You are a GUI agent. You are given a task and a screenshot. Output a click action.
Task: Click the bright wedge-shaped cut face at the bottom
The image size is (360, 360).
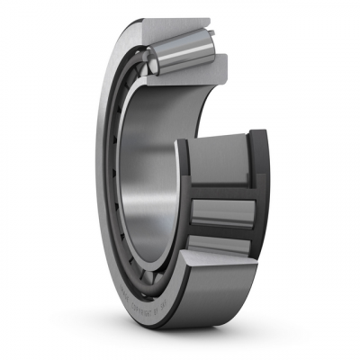point(211,270)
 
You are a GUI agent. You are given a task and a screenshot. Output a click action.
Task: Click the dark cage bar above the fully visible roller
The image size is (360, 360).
point(220,191)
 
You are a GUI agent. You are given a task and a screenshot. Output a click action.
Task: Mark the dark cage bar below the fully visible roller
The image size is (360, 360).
point(220,232)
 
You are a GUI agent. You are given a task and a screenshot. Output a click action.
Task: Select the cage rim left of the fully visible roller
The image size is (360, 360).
point(184,211)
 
